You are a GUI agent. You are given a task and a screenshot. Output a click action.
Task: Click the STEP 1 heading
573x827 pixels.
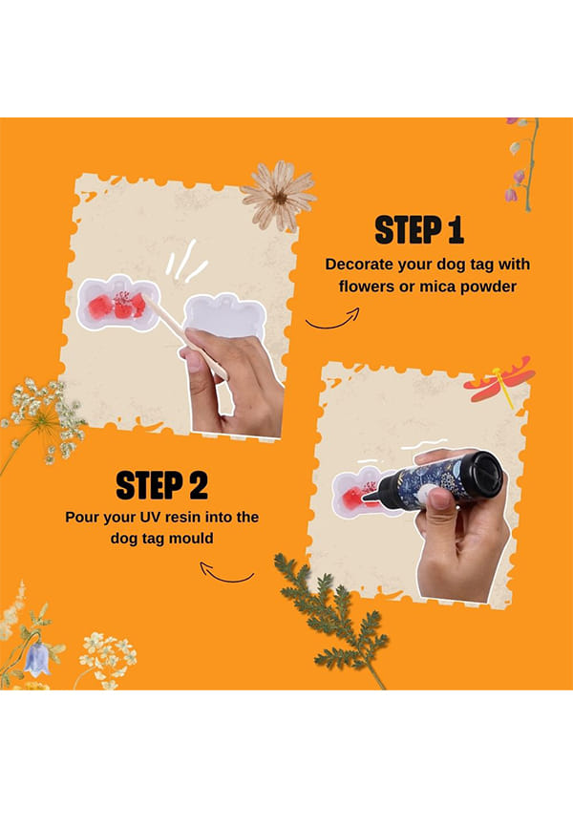[419, 230]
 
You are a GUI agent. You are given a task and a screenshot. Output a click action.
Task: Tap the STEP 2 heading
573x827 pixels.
[162, 485]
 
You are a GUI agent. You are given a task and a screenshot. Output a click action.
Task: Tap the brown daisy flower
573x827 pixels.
[279, 196]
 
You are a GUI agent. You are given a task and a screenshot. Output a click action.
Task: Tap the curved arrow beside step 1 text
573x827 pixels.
[333, 320]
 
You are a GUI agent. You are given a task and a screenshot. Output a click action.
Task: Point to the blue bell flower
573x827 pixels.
[37, 659]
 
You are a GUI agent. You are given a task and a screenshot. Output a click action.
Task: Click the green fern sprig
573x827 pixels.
[332, 618]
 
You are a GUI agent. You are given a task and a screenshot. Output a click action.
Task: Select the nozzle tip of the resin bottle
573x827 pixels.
[365, 498]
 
